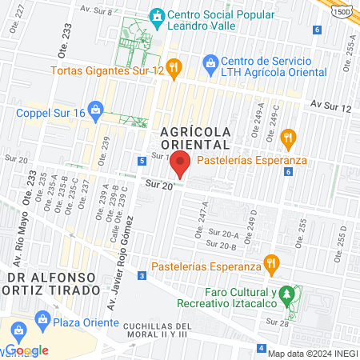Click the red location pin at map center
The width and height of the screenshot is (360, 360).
(x=181, y=164)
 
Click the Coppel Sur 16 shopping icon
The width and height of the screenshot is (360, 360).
(x=95, y=107)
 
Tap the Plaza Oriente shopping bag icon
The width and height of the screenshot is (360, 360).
(x=42, y=324)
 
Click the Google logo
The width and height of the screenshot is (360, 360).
(x=26, y=350)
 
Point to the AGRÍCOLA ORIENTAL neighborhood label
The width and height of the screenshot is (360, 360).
(x=195, y=137)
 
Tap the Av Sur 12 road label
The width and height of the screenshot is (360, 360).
(x=331, y=106)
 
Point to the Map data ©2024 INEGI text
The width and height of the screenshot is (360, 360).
(x=313, y=354)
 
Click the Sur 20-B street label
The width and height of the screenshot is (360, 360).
(x=221, y=244)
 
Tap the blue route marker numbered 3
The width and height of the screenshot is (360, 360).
(x=141, y=276)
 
